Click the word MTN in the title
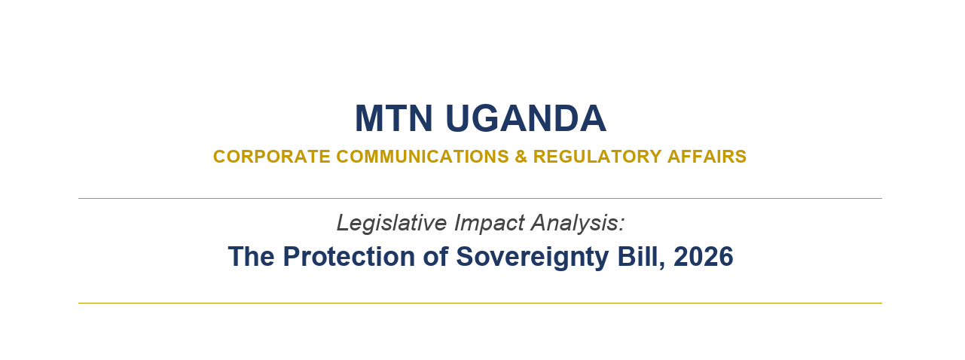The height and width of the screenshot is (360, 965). point(394,118)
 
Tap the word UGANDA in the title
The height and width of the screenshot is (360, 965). point(526,118)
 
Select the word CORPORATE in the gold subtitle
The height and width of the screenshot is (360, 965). point(272,157)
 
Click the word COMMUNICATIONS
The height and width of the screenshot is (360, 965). point(423,157)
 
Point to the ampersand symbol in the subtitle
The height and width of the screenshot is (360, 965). point(521,157)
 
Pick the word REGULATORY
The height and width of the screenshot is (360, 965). point(597,157)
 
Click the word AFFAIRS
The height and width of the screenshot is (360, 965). point(707,157)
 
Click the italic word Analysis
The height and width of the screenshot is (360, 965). point(574,223)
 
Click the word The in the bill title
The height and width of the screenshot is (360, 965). point(251,257)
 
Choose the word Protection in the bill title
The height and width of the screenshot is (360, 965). point(349,257)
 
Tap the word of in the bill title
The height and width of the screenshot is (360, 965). point(435,257)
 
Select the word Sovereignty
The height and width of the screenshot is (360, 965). point(533,258)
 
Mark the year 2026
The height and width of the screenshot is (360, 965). point(704,257)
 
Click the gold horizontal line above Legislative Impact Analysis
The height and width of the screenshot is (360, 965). point(480,199)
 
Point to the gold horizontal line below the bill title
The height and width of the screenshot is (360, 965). point(480,304)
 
